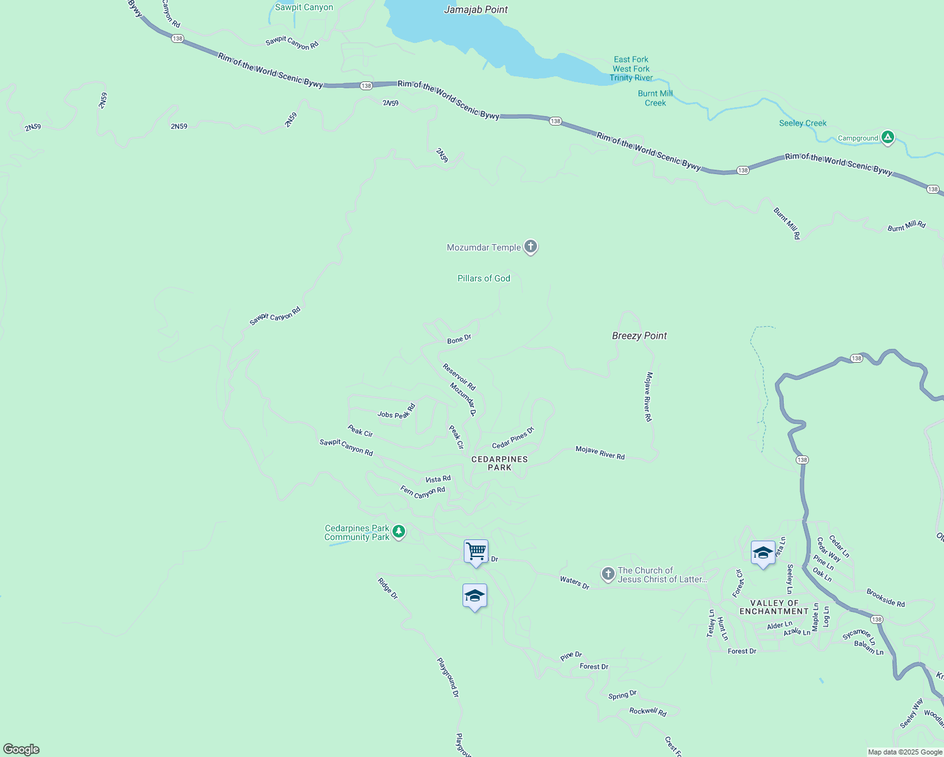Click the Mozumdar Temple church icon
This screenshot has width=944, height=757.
click(531, 247)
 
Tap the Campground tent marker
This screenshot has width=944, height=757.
click(888, 137)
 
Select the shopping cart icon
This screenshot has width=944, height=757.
click(476, 551)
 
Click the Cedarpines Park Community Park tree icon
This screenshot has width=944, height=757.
click(398, 532)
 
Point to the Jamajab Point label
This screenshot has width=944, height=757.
click(476, 9)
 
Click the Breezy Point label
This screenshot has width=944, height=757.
click(639, 336)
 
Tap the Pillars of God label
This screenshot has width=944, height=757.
click(483, 278)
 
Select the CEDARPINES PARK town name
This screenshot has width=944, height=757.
click(499, 463)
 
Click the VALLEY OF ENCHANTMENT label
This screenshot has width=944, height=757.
click(774, 607)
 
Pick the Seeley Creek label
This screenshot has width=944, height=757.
click(803, 123)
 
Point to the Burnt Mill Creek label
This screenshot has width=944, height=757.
click(655, 98)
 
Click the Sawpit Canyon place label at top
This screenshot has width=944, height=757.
click(304, 8)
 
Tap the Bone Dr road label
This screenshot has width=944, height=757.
click(459, 340)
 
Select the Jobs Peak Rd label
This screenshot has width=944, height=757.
click(396, 411)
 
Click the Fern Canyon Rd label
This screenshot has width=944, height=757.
click(422, 491)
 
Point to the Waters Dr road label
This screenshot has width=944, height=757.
click(574, 582)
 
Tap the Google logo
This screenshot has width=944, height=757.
click(21, 749)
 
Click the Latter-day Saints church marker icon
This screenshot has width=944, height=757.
click(608, 574)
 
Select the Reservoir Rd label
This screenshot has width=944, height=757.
click(459, 377)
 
